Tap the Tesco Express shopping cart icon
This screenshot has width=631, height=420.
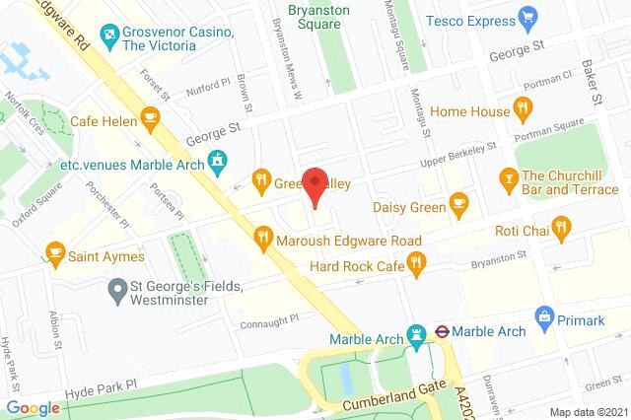[x=528, y=19]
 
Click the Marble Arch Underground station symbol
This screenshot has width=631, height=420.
[x=444, y=332]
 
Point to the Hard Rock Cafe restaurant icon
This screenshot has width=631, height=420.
[x=417, y=263]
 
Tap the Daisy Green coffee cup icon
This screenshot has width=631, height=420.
[x=457, y=204]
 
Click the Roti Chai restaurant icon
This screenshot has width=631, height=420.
[x=562, y=230]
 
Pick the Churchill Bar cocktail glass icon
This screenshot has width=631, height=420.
[x=509, y=178]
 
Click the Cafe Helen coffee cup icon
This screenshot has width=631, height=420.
[x=150, y=120]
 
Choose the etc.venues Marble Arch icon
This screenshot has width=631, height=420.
[x=219, y=160]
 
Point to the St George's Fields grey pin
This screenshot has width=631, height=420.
[x=117, y=289]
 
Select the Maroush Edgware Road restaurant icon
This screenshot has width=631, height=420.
[x=262, y=237]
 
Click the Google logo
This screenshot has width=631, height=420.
[x=33, y=408]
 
